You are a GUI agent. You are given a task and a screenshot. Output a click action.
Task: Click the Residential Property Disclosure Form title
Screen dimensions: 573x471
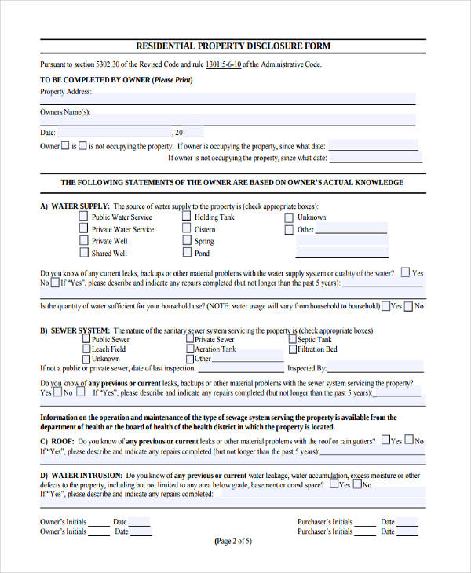[x=233, y=46]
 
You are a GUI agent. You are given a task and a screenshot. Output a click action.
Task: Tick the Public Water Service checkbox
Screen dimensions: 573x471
[x=84, y=217]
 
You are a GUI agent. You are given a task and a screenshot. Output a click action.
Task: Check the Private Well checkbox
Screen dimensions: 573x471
[x=84, y=241]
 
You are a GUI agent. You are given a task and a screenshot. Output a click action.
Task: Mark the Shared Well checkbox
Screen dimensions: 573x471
[x=84, y=253]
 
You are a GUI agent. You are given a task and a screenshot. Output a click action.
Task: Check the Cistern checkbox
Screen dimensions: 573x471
[x=187, y=229]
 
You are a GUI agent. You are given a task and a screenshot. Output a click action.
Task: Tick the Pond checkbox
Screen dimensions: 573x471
[x=187, y=253]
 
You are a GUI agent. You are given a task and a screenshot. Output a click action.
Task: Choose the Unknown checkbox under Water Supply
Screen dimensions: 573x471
[x=289, y=217]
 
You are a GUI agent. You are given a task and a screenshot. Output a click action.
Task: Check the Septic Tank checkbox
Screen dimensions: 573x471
[x=292, y=339]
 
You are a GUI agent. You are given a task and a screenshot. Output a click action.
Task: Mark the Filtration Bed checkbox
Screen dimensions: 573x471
[x=292, y=349]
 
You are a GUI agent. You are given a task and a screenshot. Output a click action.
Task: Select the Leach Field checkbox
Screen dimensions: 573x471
[x=86, y=349]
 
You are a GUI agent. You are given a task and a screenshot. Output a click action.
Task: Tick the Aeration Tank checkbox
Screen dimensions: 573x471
[x=189, y=349]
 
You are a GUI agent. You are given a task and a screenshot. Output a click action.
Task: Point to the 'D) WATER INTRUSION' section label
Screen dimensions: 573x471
[x=81, y=476]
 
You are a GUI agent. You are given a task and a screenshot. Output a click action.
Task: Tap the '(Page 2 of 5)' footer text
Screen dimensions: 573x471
[x=233, y=541]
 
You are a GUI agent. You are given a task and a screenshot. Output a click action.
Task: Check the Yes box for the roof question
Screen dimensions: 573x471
[x=385, y=441]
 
